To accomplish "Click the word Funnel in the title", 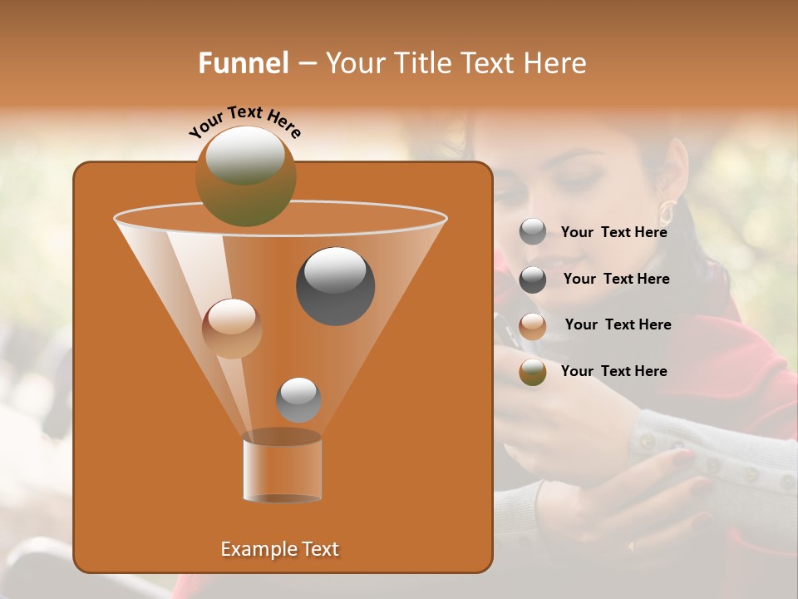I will (243, 63).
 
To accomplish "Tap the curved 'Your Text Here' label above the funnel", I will (245, 121).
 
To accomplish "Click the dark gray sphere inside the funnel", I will (335, 285).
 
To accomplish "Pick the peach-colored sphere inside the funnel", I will (232, 329).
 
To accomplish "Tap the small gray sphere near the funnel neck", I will (298, 399).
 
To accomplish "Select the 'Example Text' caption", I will (279, 549).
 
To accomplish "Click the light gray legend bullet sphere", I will (533, 232).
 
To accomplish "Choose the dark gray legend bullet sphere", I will (533, 280).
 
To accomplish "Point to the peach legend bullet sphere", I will (533, 326).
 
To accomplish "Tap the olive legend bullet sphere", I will (533, 373).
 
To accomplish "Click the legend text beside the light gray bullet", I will (613, 233).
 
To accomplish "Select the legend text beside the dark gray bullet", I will (616, 280).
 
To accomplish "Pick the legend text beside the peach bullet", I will (618, 324).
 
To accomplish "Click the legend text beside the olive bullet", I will (613, 371).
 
